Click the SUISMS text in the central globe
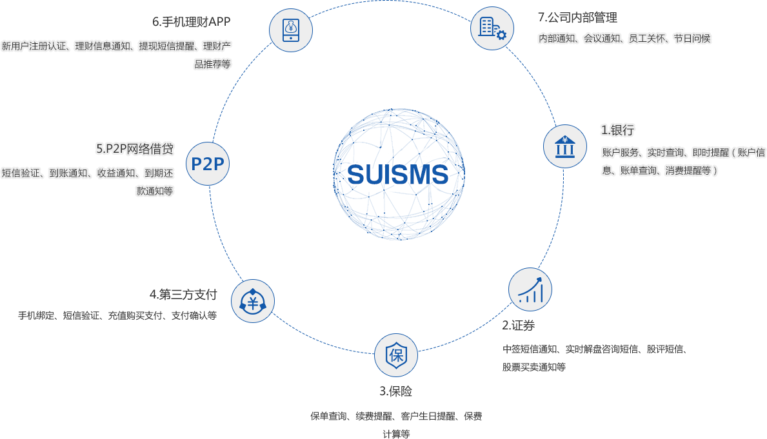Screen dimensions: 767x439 (397, 175)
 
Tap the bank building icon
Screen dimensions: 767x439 (565, 146)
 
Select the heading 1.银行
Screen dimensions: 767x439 (617, 130)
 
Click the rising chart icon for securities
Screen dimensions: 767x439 (530, 289)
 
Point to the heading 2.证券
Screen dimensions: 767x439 (518, 326)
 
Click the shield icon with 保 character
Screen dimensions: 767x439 (396, 355)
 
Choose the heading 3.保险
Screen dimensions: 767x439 (395, 391)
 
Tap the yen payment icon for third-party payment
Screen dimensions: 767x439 (253, 301)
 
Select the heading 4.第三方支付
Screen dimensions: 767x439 (183, 295)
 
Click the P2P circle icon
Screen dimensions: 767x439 (208, 164)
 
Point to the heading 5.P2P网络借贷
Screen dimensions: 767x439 (135, 149)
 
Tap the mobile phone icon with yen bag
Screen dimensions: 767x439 (291, 30)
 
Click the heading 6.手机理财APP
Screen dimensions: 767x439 (191, 21)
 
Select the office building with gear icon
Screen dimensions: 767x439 (492, 28)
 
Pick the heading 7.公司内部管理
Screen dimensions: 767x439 (578, 17)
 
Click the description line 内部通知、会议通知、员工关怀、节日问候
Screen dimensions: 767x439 (624, 38)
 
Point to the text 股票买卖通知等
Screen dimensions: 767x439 (533, 367)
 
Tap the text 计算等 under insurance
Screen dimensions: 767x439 (396, 434)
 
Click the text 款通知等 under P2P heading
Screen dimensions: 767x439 (155, 191)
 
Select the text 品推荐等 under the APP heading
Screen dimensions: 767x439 (212, 64)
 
